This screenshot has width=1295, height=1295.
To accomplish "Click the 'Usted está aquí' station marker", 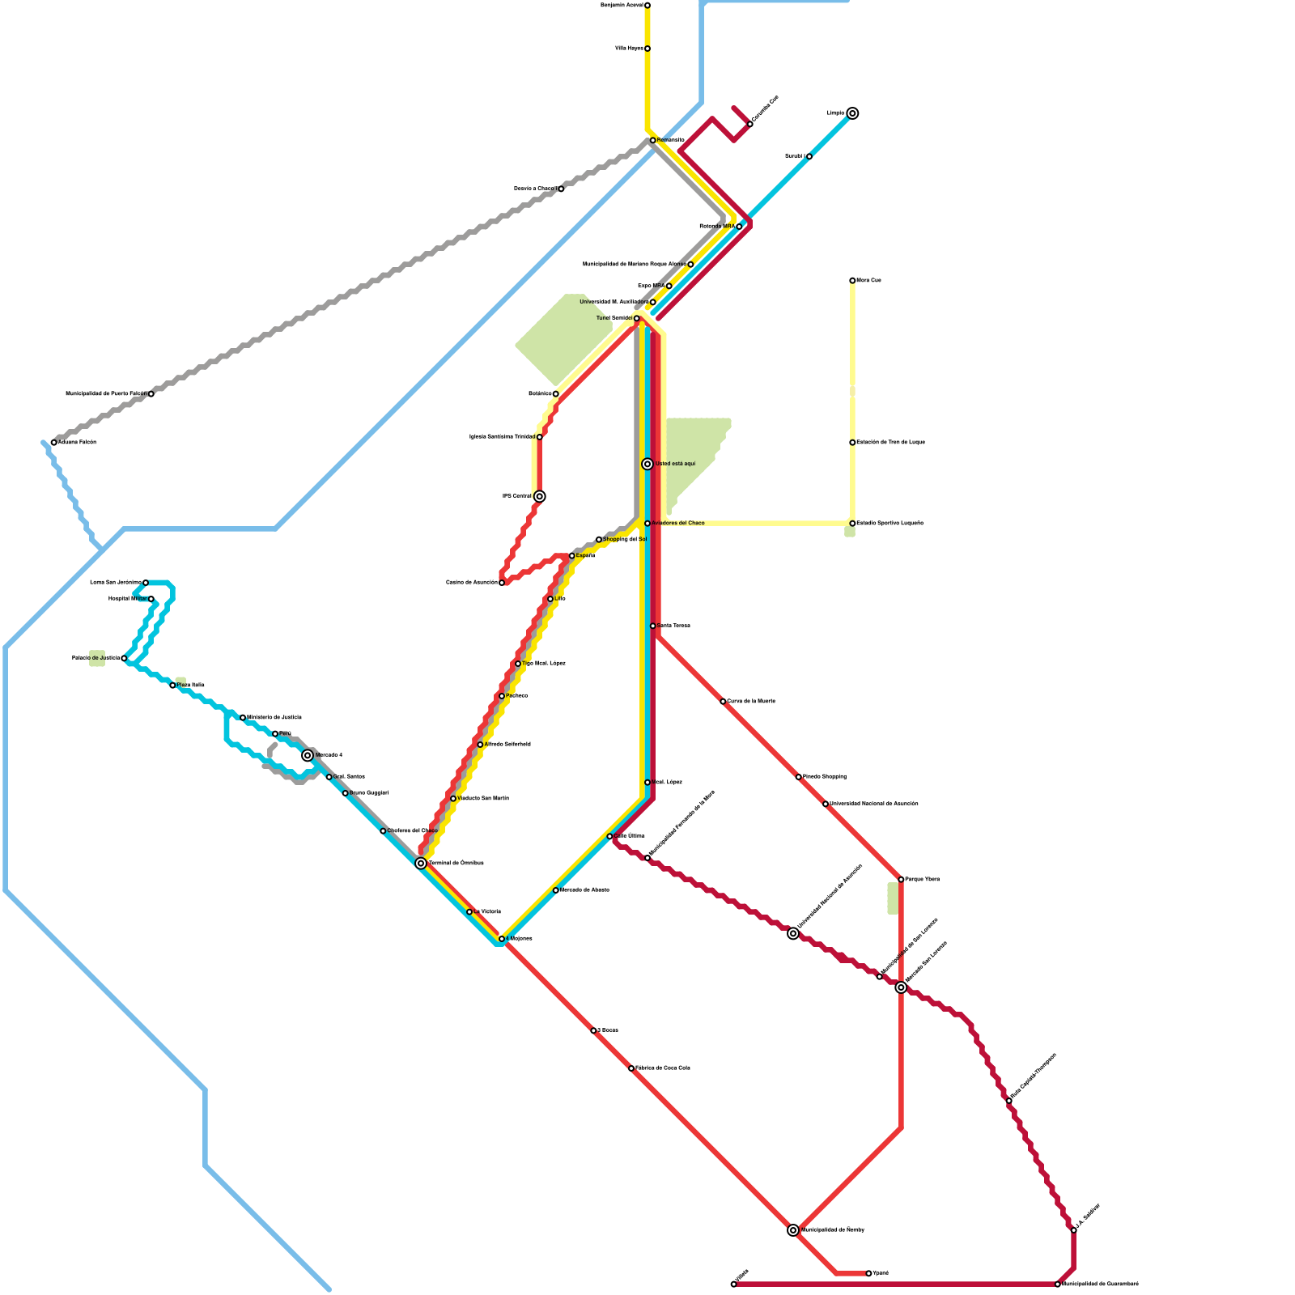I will pyautogui.click(x=647, y=464).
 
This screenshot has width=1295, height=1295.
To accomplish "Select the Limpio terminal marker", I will pyautogui.click(x=852, y=113).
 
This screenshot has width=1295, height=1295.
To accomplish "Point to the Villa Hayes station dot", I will pyautogui.click(x=647, y=49).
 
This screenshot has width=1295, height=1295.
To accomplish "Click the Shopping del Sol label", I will pyautogui.click(x=625, y=539).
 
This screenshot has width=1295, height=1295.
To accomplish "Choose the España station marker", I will pyautogui.click(x=572, y=556).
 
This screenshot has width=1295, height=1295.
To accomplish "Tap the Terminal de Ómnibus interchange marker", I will pyautogui.click(x=421, y=864).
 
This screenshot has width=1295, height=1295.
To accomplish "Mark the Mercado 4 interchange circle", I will pyautogui.click(x=308, y=755).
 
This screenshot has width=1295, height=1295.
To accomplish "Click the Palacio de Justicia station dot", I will pyautogui.click(x=124, y=659).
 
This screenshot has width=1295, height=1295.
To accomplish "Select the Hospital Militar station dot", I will pyautogui.click(x=151, y=599).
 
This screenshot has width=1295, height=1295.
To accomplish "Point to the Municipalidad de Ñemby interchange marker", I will pyautogui.click(x=793, y=1230).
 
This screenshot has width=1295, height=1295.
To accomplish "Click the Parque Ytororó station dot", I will pyautogui.click(x=901, y=880).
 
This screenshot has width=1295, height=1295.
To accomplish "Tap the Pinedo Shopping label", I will pyautogui.click(x=825, y=777).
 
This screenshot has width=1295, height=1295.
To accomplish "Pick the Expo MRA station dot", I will pyautogui.click(x=669, y=286).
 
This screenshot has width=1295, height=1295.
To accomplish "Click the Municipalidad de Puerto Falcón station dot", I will pyautogui.click(x=151, y=394).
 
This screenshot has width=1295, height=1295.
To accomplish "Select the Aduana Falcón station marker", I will pyautogui.click(x=54, y=443).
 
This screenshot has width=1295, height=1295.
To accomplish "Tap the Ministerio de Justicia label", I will pyautogui.click(x=274, y=718).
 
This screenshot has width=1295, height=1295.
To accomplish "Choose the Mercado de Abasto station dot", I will pyautogui.click(x=556, y=890).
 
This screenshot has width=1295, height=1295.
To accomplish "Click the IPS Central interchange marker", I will pyautogui.click(x=540, y=496).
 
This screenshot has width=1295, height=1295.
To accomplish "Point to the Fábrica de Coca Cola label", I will pyautogui.click(x=663, y=1068).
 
